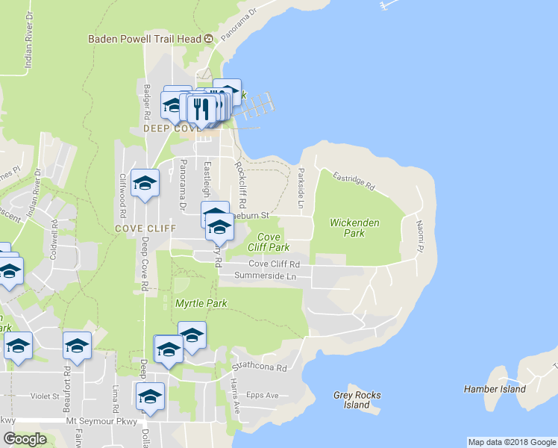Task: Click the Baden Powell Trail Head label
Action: point(145,39)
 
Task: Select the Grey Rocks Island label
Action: point(357,400)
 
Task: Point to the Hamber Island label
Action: point(495,389)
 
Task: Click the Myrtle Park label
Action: point(200,303)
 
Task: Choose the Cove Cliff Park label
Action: point(268,242)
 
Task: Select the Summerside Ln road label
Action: point(266,276)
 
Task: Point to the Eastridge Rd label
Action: point(354,181)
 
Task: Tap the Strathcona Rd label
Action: point(259,367)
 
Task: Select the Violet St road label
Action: point(46,396)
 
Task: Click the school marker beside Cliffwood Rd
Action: point(145,183)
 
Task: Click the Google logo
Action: point(25,440)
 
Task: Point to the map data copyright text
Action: point(511,442)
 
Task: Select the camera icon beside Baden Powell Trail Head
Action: point(208,39)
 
